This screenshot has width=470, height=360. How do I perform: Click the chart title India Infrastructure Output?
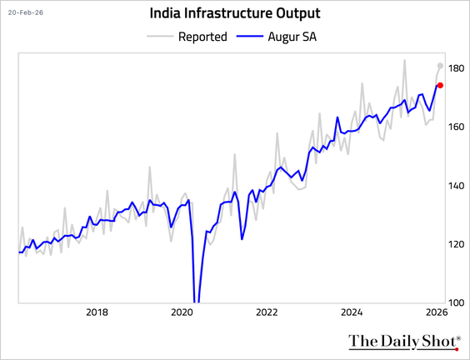[x=234, y=13]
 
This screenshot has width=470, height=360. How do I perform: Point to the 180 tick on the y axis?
[x=455, y=68]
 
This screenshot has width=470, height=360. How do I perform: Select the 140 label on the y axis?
[x=455, y=186]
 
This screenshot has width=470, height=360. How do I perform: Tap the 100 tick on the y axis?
[x=455, y=303]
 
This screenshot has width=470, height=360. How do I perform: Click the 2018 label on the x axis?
[x=97, y=313]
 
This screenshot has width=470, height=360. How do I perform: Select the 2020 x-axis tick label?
[x=182, y=313]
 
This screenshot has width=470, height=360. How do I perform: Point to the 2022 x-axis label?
[x=267, y=313]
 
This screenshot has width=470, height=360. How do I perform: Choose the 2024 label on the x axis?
[x=352, y=313]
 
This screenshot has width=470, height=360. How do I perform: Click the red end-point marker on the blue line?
[x=440, y=85]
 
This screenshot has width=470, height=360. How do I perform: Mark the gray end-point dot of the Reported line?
[x=440, y=66]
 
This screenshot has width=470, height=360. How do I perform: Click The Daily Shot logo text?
[x=402, y=342]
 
